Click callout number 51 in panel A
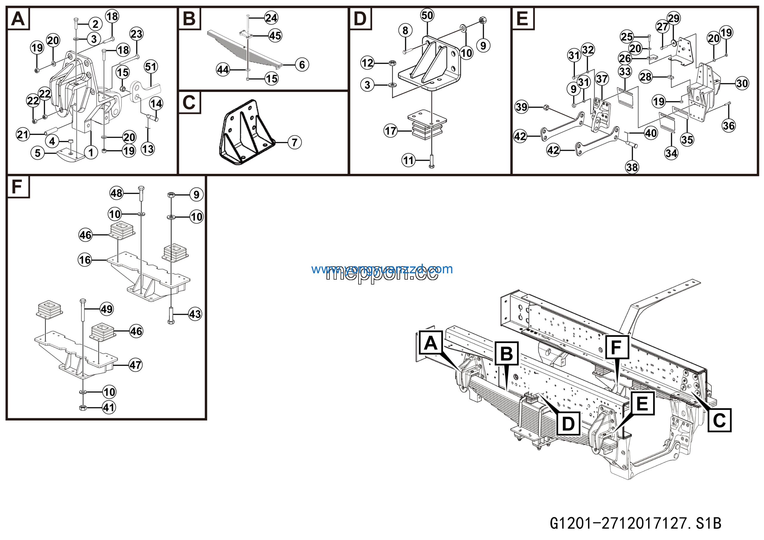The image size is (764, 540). (151, 67)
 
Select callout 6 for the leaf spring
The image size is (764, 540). (302, 65)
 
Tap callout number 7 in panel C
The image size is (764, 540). (295, 142)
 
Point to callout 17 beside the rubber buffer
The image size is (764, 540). (390, 131)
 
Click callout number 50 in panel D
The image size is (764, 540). (427, 15)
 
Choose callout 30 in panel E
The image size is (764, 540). (742, 83)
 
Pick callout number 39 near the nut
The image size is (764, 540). (521, 107)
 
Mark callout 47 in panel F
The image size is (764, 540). (135, 365)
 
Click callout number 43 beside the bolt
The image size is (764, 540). (195, 314)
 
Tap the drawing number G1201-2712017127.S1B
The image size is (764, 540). (636, 523)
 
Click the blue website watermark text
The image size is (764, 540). (382, 269)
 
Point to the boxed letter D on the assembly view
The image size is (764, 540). (568, 424)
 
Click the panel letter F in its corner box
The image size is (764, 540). (17, 187)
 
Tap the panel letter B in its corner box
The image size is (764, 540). (189, 19)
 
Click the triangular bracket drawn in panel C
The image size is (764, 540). (246, 133)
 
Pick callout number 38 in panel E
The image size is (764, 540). (632, 167)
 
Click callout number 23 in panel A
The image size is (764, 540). (136, 34)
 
